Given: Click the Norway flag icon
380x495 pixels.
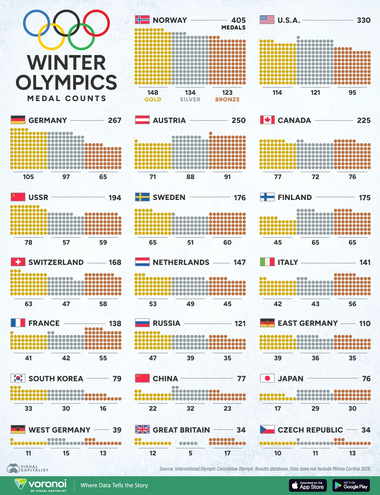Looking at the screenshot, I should (x=142, y=20).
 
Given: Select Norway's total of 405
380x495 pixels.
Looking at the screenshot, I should (x=238, y=20).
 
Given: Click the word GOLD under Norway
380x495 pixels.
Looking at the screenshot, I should (x=153, y=100).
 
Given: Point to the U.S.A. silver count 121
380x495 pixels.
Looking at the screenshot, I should (x=315, y=93).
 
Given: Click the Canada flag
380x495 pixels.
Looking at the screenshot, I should (x=267, y=120).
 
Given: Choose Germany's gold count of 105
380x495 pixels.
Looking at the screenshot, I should (x=28, y=177).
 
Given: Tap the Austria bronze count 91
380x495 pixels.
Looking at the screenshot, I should (x=227, y=177).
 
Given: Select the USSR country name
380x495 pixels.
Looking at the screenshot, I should (x=38, y=197).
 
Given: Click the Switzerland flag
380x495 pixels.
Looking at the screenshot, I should (x=18, y=262).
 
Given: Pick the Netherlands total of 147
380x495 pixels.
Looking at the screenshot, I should (x=239, y=262).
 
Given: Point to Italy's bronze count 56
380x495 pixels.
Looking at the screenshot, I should (x=352, y=304).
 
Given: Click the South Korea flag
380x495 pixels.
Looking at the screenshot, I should (x=18, y=378).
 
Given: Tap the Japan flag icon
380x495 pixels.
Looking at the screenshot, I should (x=267, y=378).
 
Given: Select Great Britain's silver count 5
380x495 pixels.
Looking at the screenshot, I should (x=190, y=453).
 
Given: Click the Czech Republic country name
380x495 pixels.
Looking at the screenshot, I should (x=310, y=430).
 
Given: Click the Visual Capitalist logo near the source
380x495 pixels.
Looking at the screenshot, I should (x=28, y=468).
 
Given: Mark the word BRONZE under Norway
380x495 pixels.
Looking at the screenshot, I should (x=227, y=100).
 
